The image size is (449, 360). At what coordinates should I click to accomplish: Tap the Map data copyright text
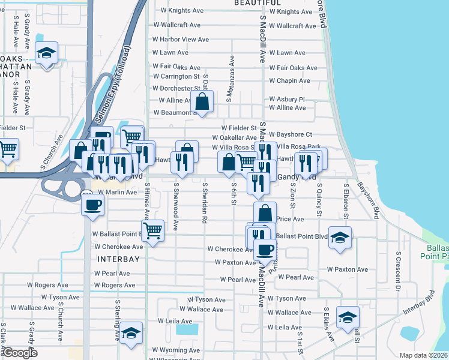tap(424, 355)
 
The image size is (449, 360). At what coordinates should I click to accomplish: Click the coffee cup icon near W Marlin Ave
tap(92, 204)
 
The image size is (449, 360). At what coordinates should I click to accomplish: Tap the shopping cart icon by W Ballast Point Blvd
tap(153, 230)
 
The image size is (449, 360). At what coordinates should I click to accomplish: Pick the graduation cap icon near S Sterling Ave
tap(130, 334)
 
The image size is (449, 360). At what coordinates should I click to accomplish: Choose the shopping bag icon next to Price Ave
tap(265, 212)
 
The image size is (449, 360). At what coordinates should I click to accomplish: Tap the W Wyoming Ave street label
tap(175, 350)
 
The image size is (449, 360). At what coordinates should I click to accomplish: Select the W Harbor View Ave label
tap(180, 40)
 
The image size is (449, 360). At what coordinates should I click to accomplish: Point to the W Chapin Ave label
tap(289, 81)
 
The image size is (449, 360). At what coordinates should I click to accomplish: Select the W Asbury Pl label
tap(287, 99)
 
